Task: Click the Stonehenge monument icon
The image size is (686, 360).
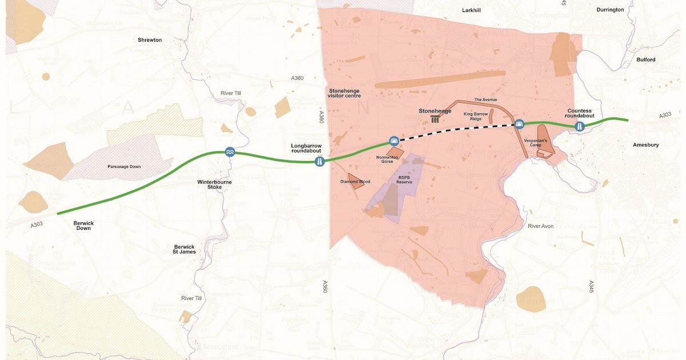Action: pos(436,119)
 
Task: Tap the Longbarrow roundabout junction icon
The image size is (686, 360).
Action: pos(320,162)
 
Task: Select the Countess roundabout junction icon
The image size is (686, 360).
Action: pos(580,126)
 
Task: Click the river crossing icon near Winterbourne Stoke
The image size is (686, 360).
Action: pos(229,151)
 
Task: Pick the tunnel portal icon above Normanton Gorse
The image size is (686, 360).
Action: pos(393,141)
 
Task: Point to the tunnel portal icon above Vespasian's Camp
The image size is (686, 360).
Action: pos(519,123)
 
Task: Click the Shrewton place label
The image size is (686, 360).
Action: pos(150,40)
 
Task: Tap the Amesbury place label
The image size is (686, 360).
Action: pos(645,145)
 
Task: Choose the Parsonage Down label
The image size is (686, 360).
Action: pos(124,167)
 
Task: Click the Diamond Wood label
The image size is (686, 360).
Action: pos(355,182)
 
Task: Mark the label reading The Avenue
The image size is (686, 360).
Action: pos(485,99)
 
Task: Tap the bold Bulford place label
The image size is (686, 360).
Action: pos(645,59)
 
